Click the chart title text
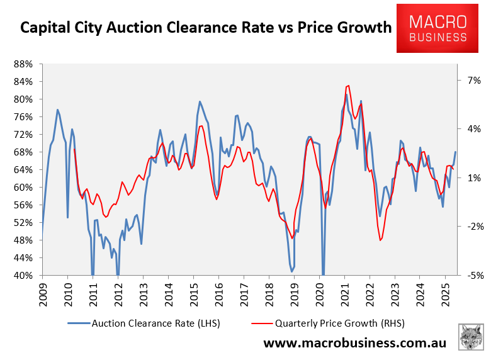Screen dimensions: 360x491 [205, 28]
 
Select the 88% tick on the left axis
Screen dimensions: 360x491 [23, 64]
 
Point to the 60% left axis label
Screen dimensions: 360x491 [23, 188]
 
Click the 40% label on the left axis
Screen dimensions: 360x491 [23, 276]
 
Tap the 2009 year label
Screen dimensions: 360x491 [43, 293]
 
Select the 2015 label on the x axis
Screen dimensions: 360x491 [193, 293]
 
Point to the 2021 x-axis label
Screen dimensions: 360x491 [344, 293]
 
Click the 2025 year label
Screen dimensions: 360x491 [444, 293]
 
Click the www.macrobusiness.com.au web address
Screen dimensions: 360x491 [354, 343]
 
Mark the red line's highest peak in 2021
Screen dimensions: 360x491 [348, 86]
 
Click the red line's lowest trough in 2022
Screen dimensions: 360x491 [381, 240]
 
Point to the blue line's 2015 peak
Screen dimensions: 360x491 [200, 101]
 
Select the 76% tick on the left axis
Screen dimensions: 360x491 [23, 117]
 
